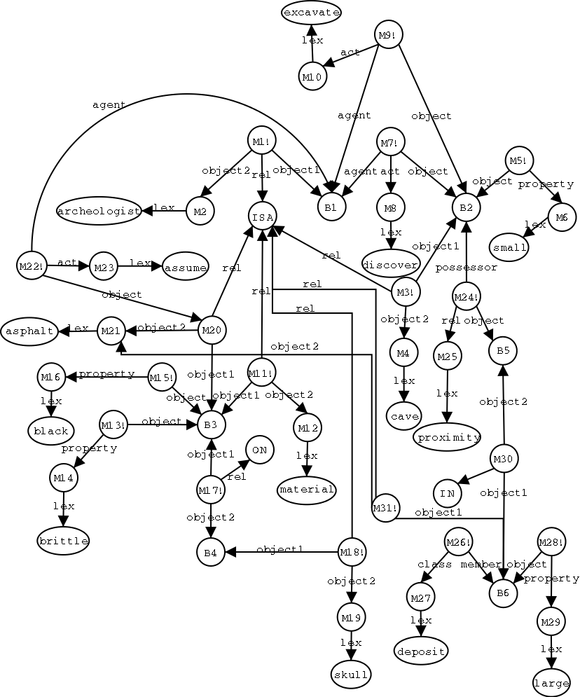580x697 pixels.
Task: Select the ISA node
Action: click(x=262, y=216)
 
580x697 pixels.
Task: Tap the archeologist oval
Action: click(x=99, y=211)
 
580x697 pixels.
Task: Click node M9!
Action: click(x=389, y=34)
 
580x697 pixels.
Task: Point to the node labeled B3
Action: click(x=211, y=424)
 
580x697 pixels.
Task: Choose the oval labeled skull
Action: click(x=351, y=674)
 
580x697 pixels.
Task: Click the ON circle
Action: click(x=259, y=450)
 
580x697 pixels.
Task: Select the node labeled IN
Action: click(x=447, y=493)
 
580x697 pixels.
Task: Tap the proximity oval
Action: click(x=448, y=437)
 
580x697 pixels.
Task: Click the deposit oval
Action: click(x=421, y=651)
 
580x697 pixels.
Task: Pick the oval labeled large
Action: click(x=551, y=683)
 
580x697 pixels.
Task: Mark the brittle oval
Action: click(x=64, y=541)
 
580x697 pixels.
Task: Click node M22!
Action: click(x=31, y=266)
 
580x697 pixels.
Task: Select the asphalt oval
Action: click(x=29, y=331)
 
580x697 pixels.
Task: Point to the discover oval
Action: click(x=390, y=263)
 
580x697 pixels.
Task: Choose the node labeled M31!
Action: click(x=386, y=507)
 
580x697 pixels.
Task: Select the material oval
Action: click(x=307, y=489)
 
